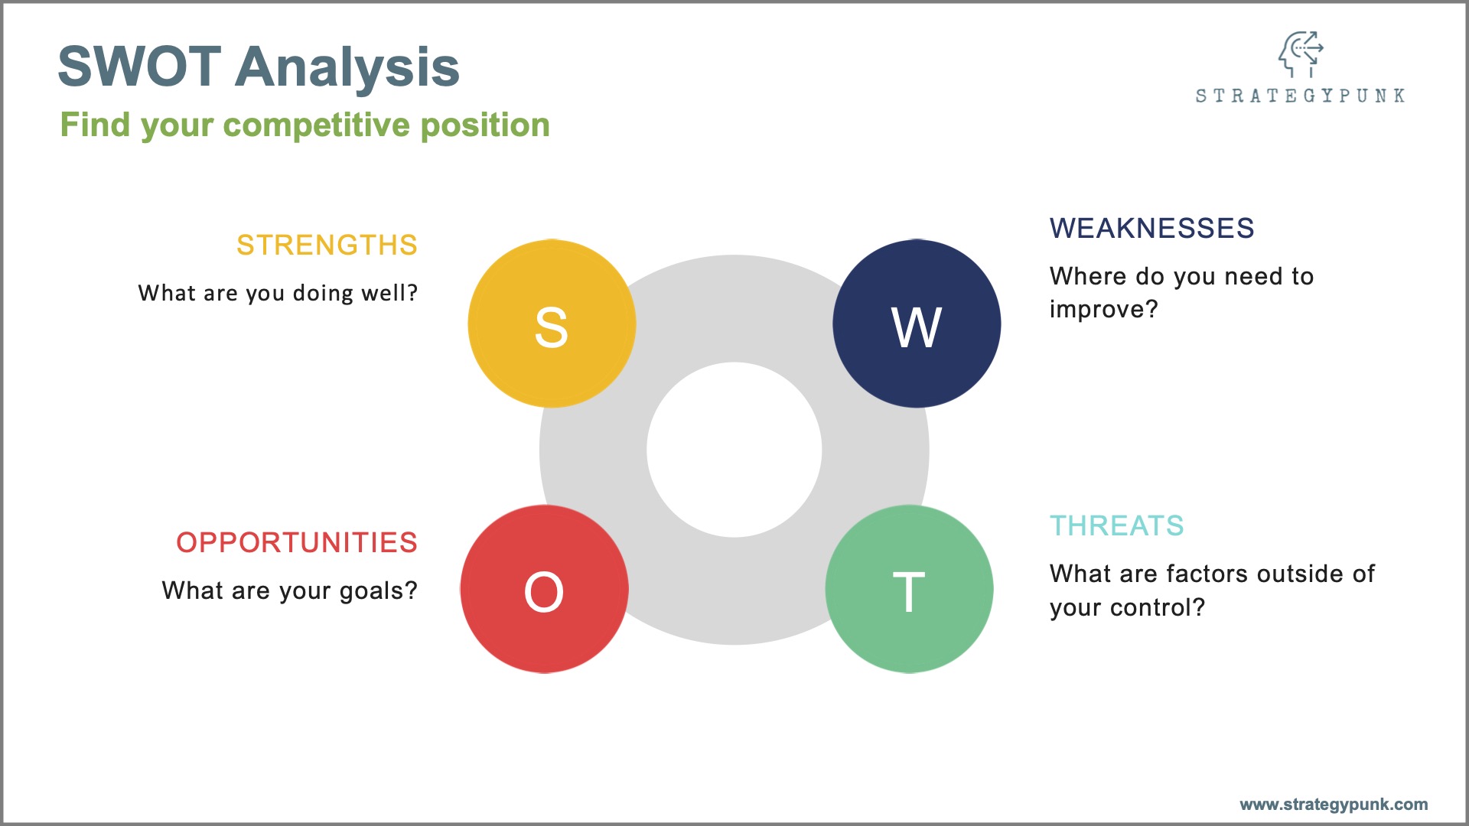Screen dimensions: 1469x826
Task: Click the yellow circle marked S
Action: (552, 324)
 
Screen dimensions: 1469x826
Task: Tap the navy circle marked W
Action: (917, 324)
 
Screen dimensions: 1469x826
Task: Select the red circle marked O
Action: (544, 589)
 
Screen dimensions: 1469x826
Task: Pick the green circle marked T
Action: (909, 589)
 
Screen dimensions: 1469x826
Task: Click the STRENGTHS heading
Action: (327, 246)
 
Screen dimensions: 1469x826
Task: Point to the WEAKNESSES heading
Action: (1151, 228)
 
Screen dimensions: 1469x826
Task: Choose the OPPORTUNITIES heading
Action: (297, 542)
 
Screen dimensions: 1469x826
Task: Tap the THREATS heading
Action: (1116, 525)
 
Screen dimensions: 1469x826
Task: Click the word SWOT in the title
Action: (140, 67)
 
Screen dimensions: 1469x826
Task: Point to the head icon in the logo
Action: (1300, 54)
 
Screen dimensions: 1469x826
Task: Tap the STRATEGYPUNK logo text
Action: (1300, 96)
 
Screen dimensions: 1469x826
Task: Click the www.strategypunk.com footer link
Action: (1334, 805)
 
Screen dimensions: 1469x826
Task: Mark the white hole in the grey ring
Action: (734, 450)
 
